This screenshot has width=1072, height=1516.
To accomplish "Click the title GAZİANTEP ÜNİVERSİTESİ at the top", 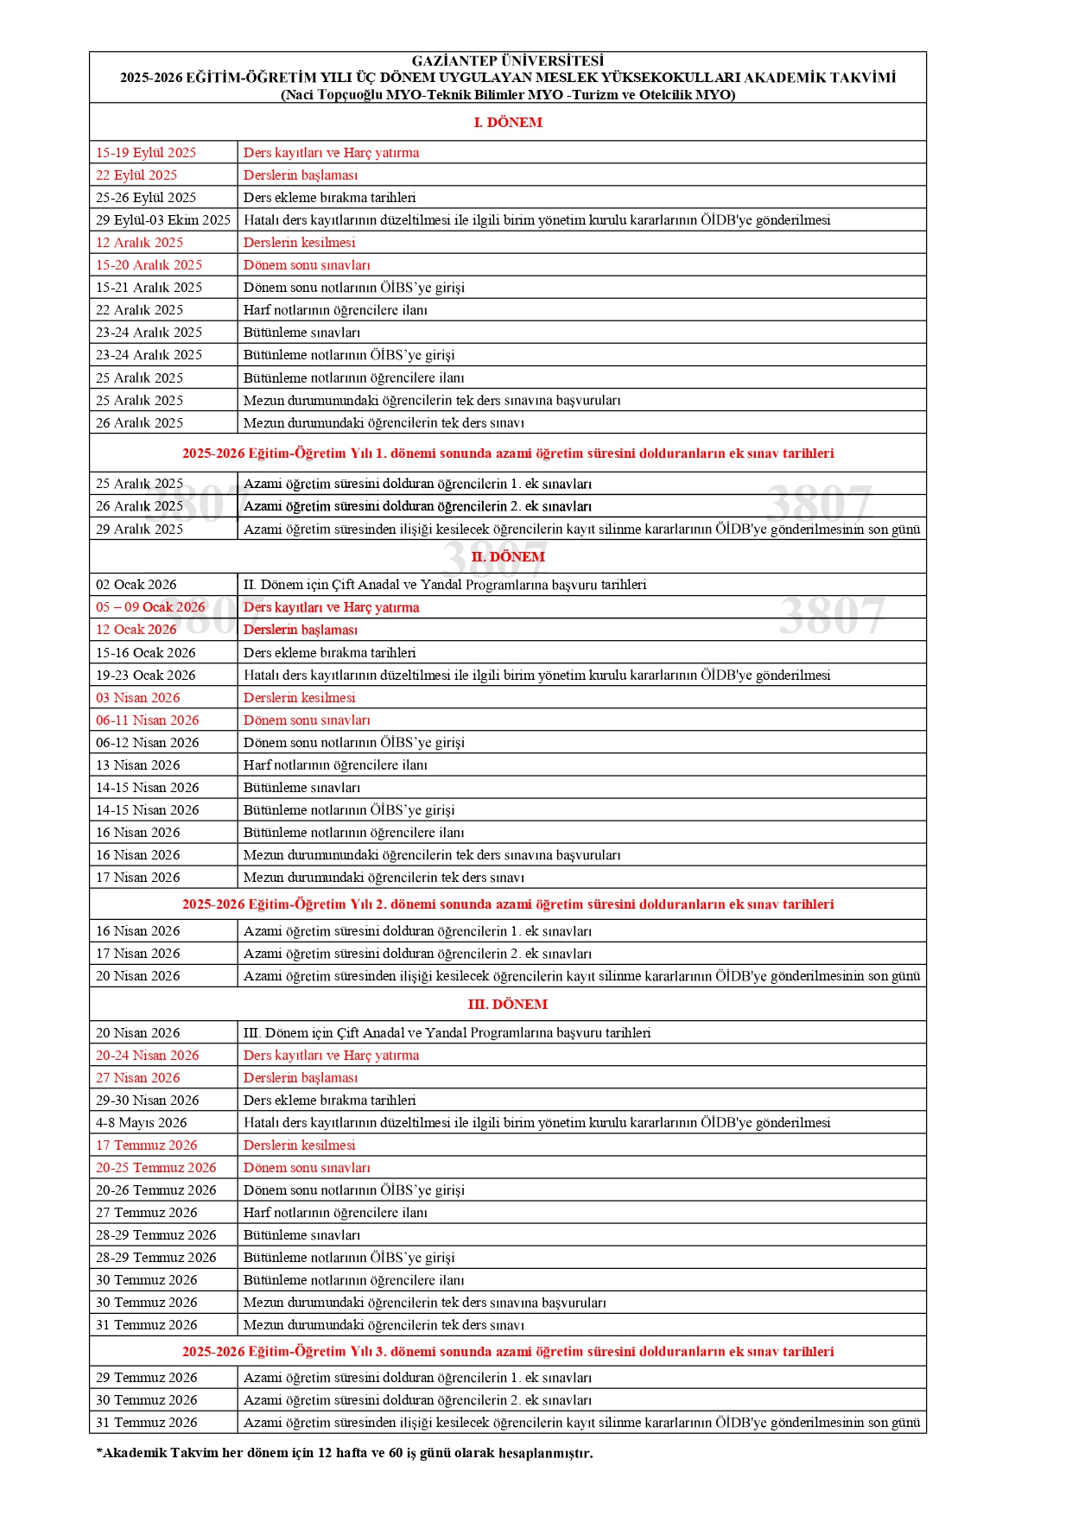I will [x=507, y=60].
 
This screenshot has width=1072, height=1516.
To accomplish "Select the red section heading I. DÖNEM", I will [x=508, y=123].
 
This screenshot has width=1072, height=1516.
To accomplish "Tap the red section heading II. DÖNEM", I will [x=508, y=557].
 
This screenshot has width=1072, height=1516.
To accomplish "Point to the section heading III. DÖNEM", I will [x=508, y=1005].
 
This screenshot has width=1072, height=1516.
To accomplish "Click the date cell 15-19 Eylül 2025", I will [x=146, y=153].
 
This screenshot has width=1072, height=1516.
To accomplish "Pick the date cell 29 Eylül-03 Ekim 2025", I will [x=163, y=220].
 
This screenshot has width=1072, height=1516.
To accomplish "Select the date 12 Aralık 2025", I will [x=140, y=243].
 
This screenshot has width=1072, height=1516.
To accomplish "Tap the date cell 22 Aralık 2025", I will [x=140, y=310].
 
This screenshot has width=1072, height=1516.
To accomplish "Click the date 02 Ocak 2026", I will [x=136, y=585].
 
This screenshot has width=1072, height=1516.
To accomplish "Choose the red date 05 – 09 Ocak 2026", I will [x=150, y=607].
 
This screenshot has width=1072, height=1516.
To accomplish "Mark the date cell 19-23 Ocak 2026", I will [x=146, y=676].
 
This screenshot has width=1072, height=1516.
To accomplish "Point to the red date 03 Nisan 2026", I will [x=138, y=698].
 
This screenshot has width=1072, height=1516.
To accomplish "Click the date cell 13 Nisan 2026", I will [x=138, y=765].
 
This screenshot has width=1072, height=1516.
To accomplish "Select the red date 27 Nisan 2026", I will [x=138, y=1078].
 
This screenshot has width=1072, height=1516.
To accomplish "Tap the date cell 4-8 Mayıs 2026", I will [x=142, y=1123].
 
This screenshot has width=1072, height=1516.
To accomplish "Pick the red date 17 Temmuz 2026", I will [x=147, y=1145].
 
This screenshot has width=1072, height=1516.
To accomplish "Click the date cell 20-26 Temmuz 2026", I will [x=156, y=1190].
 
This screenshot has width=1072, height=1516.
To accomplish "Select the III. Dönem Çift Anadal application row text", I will [x=447, y=1033].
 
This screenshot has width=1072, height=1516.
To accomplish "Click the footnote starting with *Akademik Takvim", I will [x=345, y=1453].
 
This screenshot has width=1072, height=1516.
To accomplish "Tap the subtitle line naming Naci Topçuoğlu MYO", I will [x=508, y=95].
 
